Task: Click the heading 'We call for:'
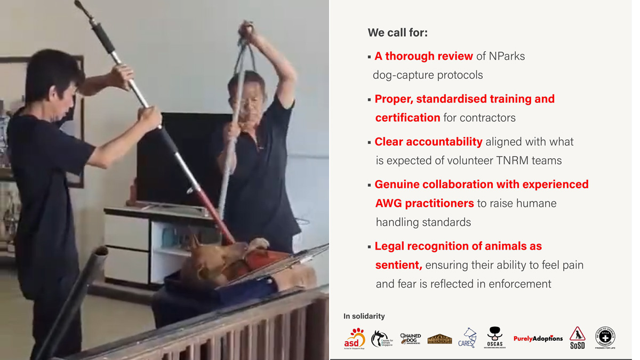pyautogui.click(x=397, y=33)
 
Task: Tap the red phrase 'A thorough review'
pyautogui.click(x=423, y=56)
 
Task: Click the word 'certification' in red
pyautogui.click(x=407, y=117)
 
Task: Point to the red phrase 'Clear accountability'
pyautogui.click(x=428, y=141)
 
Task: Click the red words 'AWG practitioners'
pyautogui.click(x=425, y=203)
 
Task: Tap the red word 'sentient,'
pyautogui.click(x=398, y=265)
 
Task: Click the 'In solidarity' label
pyautogui.click(x=364, y=316)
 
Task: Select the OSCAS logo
pyautogui.click(x=495, y=338)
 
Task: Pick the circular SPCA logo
pyautogui.click(x=605, y=338)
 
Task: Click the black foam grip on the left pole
pyautogui.click(x=104, y=37)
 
